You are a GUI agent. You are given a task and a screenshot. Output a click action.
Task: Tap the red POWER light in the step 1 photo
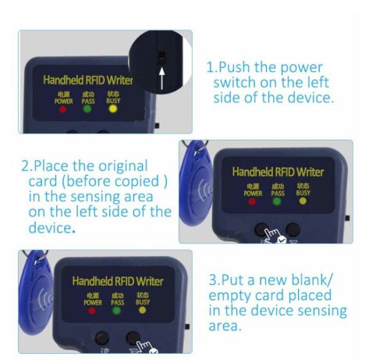coord(63,108)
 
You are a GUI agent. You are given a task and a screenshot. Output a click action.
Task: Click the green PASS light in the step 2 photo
coord(276,201)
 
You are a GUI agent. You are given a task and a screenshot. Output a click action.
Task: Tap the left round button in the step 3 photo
coord(102,339)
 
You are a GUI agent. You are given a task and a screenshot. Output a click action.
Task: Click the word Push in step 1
coord(239,67)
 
